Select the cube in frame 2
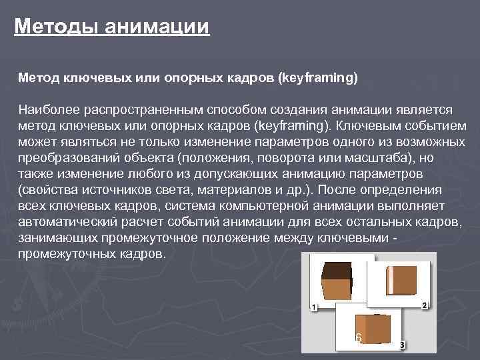pos(403,279)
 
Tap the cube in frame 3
pos(373,329)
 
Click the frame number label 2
pos(425,305)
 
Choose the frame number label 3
pos(402,345)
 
